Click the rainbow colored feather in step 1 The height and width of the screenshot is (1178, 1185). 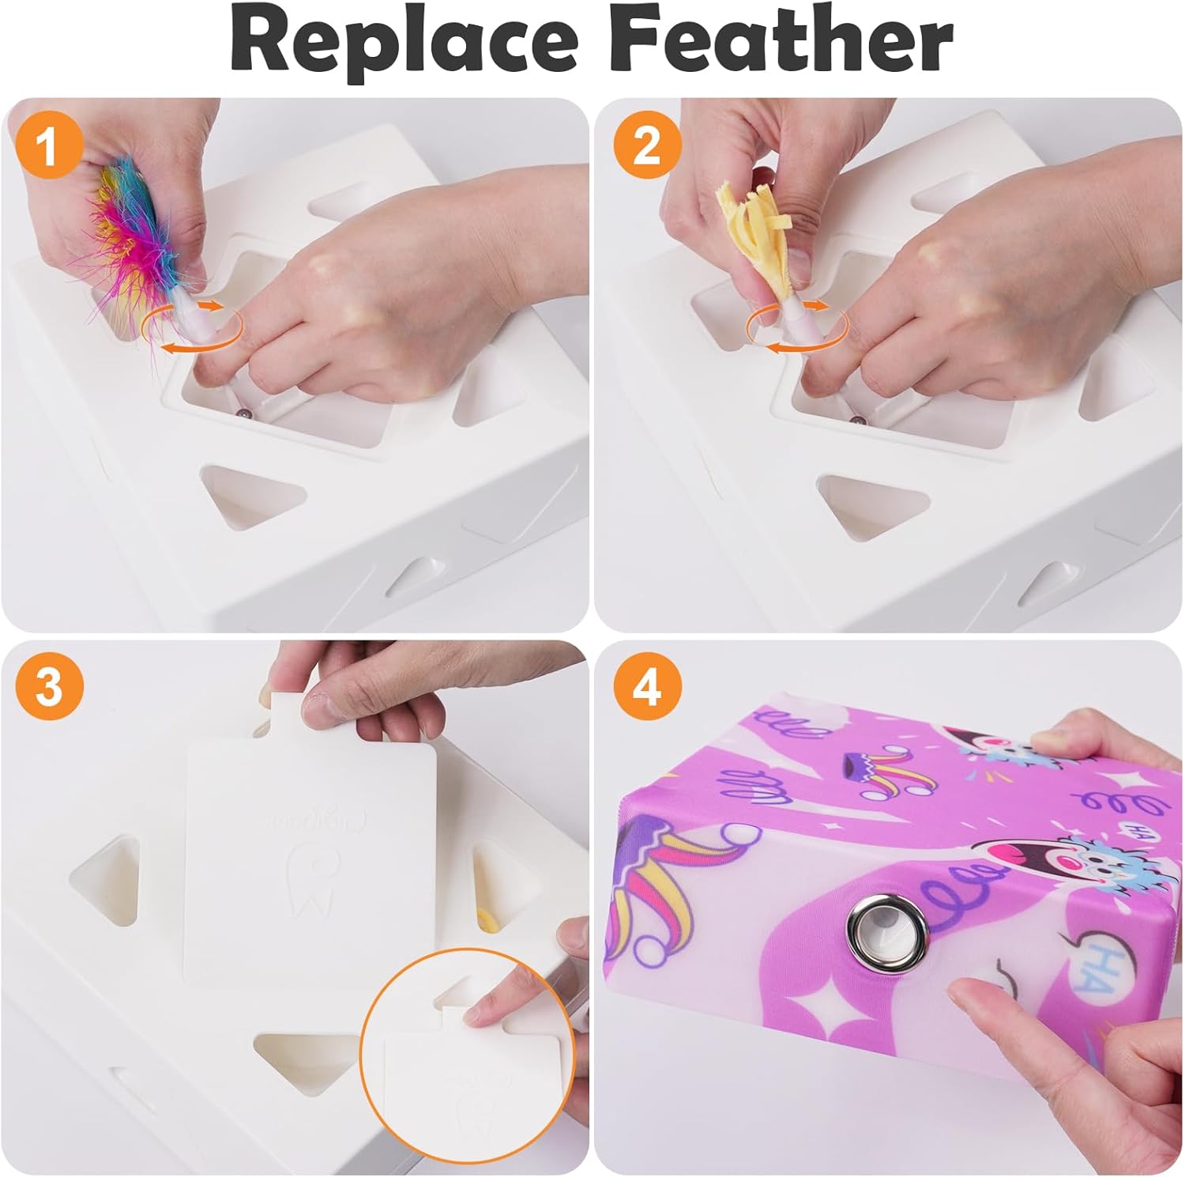pos(138,229)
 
